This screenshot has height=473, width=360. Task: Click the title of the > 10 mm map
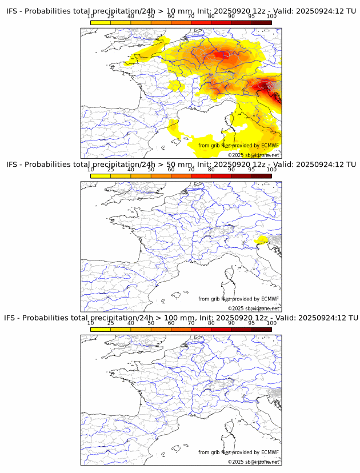(181, 11)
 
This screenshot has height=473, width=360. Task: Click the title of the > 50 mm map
(181, 165)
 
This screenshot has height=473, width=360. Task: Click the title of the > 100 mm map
(181, 318)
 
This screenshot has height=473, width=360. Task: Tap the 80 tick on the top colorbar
(211, 16)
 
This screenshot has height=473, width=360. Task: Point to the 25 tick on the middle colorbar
(111, 170)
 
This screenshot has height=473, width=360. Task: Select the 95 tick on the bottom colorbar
(251, 323)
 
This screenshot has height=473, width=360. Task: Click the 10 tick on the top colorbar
(91, 16)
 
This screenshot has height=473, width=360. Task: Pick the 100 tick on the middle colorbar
(271, 170)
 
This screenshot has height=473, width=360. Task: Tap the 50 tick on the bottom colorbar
(151, 323)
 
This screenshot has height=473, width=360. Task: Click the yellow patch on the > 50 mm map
(262, 239)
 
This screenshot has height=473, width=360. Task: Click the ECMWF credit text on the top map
(238, 146)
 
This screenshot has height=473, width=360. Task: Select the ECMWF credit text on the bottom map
(238, 452)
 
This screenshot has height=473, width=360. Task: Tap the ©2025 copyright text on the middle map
(254, 308)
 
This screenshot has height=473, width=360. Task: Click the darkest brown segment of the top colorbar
(262, 23)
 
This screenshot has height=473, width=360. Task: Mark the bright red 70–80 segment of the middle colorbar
(201, 177)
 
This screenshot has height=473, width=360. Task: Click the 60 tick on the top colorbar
(171, 16)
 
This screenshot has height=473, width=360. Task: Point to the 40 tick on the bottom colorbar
(131, 323)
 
